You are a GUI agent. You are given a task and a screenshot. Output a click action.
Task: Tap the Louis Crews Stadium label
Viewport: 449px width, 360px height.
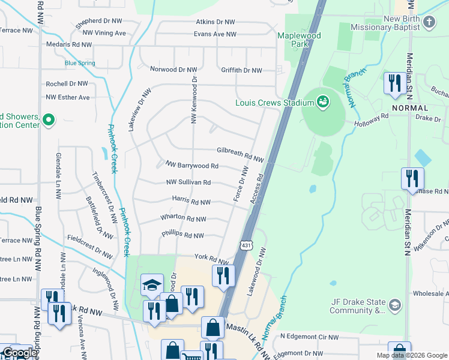274,103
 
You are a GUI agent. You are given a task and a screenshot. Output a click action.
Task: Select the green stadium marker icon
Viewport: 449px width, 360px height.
323,102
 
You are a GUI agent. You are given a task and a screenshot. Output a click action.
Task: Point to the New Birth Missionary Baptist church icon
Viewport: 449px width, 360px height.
429,23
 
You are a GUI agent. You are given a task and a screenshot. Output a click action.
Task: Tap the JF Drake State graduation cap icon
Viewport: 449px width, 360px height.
394,305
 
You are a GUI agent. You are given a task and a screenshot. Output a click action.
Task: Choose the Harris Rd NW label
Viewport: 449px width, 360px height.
191,203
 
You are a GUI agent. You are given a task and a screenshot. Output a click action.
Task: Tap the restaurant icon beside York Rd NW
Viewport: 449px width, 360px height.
222,275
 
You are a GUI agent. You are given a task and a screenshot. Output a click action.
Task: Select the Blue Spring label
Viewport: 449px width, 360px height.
80,63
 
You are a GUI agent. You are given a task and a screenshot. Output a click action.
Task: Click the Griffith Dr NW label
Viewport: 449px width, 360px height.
241,70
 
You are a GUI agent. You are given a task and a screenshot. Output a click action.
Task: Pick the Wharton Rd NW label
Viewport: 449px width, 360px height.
183,219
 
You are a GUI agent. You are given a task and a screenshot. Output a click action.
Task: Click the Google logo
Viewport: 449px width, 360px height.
19,353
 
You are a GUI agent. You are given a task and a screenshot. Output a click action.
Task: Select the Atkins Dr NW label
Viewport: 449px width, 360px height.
215,22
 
